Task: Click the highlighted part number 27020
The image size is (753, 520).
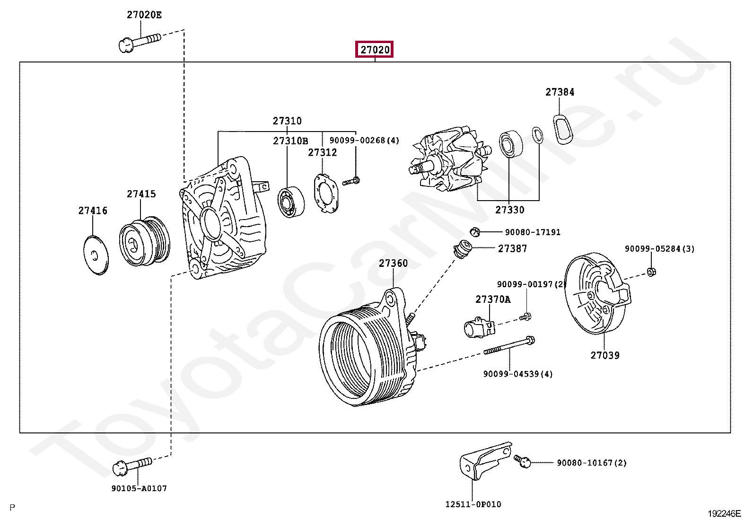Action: pyautogui.click(x=375, y=50)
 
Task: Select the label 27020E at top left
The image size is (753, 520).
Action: pyautogui.click(x=144, y=15)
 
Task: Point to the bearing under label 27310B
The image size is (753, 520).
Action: pyautogui.click(x=290, y=202)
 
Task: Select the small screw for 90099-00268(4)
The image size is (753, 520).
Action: pyautogui.click(x=351, y=181)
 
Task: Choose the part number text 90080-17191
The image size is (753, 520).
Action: pyautogui.click(x=533, y=232)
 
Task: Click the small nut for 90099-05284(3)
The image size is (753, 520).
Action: pyautogui.click(x=650, y=272)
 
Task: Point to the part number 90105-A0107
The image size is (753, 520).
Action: pyautogui.click(x=139, y=488)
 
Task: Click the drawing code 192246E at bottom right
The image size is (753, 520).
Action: pyautogui.click(x=724, y=513)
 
